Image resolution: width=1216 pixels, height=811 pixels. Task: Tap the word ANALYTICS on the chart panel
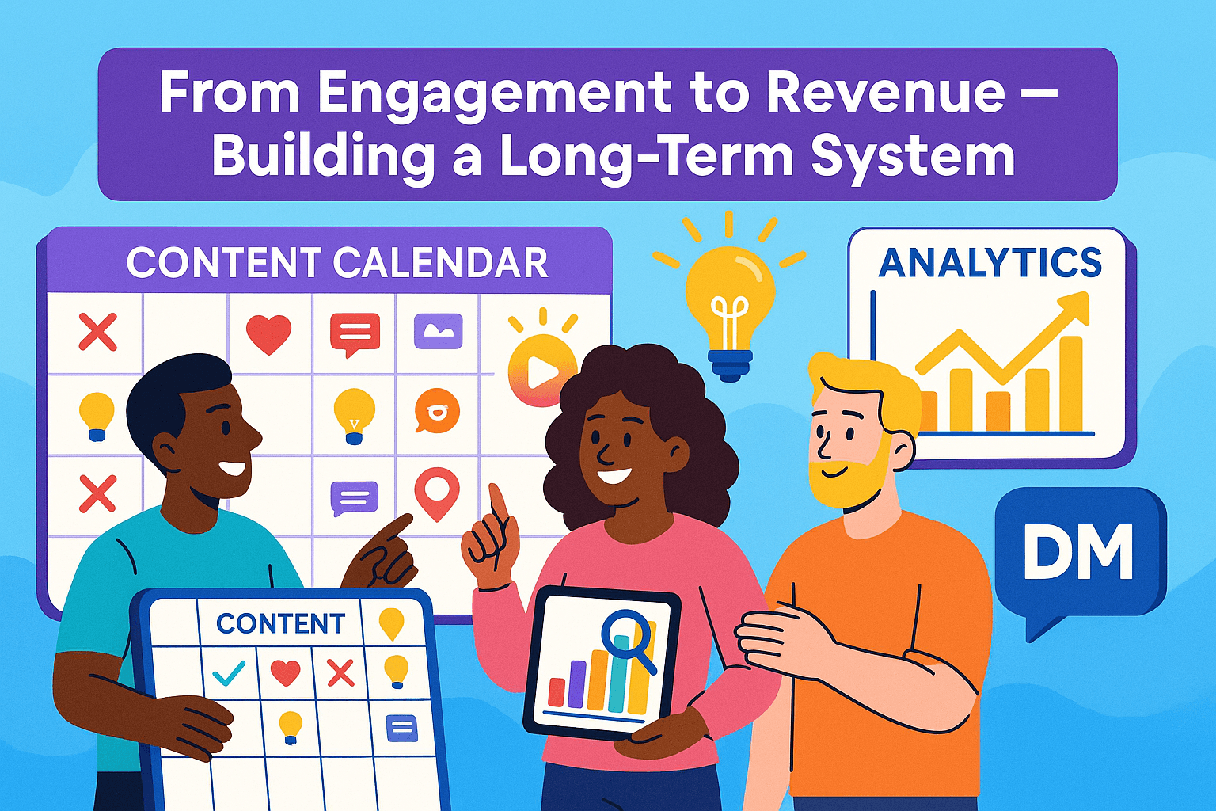990,262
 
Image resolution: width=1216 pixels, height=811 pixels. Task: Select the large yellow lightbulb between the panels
729,304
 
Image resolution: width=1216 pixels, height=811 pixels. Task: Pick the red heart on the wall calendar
268,333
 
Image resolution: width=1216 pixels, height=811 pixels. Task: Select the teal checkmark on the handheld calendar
229,672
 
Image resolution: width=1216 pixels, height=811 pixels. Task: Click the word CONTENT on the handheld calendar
281,623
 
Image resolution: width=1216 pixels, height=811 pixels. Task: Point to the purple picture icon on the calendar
438,331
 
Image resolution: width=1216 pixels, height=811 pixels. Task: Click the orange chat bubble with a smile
436,411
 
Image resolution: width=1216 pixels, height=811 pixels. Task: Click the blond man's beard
847,478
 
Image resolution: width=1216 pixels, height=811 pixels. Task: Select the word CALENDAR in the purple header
440,263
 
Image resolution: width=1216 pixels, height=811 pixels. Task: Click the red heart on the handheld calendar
286,672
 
